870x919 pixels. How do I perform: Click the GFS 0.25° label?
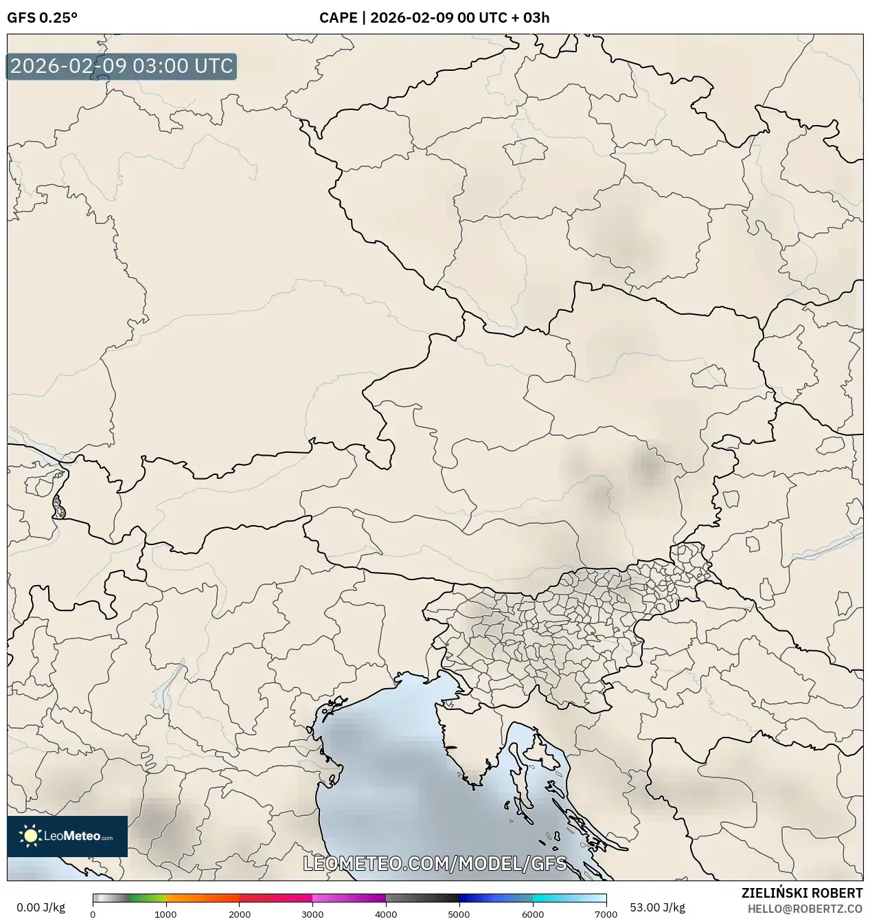point(42,18)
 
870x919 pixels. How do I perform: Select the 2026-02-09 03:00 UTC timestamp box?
point(122,66)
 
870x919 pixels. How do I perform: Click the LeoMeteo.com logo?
point(67,836)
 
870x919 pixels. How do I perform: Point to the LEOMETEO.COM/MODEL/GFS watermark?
point(435,863)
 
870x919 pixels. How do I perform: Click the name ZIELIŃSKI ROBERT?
point(801,893)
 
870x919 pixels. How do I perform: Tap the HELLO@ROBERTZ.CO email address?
point(805,909)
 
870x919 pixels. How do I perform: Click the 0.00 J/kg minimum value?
point(41,907)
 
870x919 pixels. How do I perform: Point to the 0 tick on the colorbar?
point(93,914)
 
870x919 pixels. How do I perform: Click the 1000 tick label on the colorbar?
point(165,914)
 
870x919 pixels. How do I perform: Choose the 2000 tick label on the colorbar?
point(239,914)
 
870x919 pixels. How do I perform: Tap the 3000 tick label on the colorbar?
point(312,914)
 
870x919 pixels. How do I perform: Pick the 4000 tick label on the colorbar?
point(386,914)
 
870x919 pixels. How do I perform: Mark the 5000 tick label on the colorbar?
point(459,914)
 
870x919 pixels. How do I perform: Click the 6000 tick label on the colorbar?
point(532,914)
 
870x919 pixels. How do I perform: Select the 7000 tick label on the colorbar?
point(605,914)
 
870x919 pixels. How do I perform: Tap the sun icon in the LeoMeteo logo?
point(30,836)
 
